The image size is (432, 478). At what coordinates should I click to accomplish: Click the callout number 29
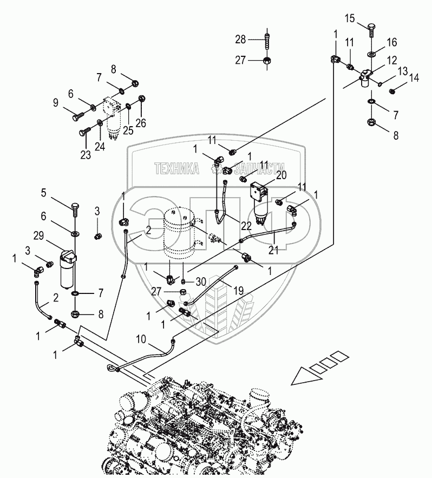(x=38, y=236)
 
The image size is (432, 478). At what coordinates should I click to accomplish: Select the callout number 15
(x=350, y=18)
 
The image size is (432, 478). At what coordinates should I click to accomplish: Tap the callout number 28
(x=240, y=40)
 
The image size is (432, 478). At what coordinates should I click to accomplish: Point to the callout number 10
(x=141, y=339)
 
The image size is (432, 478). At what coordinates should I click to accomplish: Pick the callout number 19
(x=238, y=291)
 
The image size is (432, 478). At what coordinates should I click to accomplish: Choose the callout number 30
(x=201, y=281)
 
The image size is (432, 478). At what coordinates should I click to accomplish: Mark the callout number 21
(x=273, y=250)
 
